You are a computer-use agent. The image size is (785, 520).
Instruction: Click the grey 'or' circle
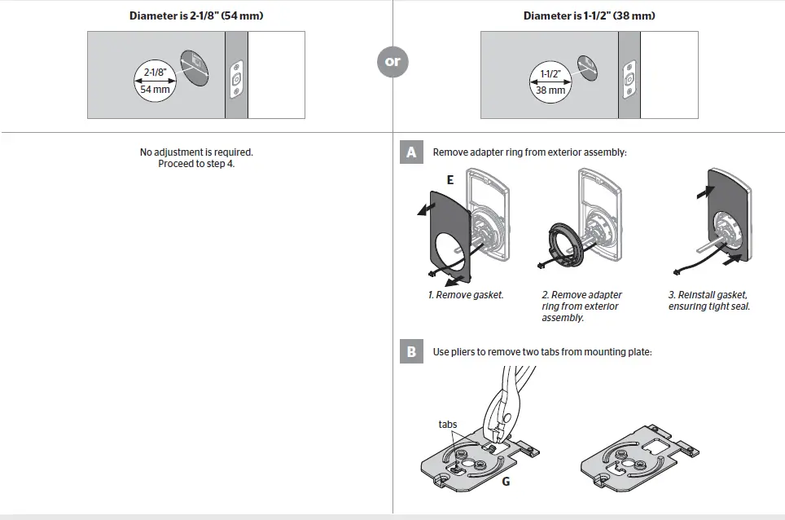(x=392, y=62)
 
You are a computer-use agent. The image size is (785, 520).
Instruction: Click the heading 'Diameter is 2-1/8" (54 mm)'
(x=196, y=15)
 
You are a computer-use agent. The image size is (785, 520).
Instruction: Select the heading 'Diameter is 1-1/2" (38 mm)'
(x=589, y=15)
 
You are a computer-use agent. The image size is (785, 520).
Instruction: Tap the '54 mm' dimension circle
(x=155, y=82)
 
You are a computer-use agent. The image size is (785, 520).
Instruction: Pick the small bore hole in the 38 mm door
(x=585, y=66)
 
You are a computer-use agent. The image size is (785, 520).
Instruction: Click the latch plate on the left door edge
(x=237, y=81)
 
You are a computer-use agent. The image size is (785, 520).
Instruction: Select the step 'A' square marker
(x=411, y=152)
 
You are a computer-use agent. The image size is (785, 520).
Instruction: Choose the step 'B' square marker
(x=411, y=352)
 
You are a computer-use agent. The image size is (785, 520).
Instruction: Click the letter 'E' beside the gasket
(x=450, y=180)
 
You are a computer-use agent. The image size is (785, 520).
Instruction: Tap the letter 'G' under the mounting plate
(x=506, y=482)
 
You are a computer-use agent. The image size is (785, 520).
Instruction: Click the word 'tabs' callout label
(x=447, y=425)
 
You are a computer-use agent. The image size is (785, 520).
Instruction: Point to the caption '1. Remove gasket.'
(x=466, y=295)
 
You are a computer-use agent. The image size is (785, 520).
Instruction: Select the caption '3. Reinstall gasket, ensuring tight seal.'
(x=708, y=301)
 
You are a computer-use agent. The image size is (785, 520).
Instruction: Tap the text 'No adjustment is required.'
(x=196, y=152)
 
